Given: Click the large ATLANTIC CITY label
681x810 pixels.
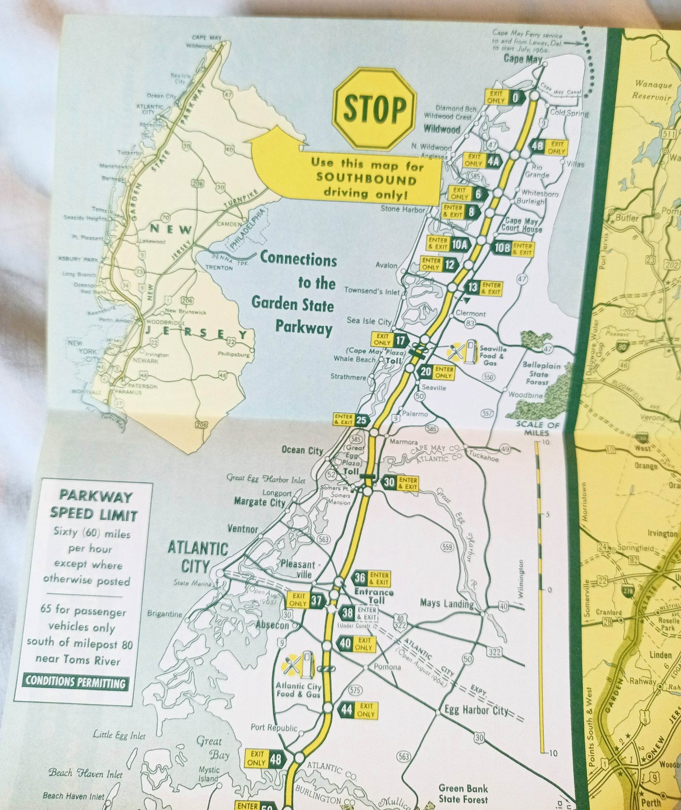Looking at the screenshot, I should point(198,556).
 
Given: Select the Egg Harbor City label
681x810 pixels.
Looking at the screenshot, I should point(476,710).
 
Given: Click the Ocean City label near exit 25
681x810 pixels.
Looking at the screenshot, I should point(302,450).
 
